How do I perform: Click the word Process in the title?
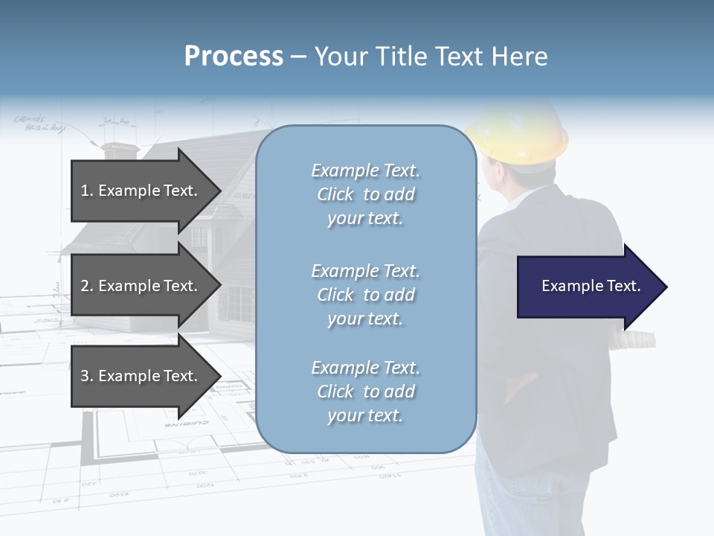pos(234,57)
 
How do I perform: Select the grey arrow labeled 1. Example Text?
pos(141,191)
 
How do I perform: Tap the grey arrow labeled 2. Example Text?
pos(141,286)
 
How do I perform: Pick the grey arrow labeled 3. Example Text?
pos(141,376)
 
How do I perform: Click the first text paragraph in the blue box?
pos(365,194)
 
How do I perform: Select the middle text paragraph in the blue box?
pos(365,295)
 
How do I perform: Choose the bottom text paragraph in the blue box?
pos(365,392)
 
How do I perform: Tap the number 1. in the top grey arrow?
pos(87,191)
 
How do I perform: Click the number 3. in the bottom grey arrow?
pos(87,376)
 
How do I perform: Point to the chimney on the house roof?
pos(118,150)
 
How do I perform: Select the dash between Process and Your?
pos(299,57)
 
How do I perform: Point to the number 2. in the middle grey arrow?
pos(87,286)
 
